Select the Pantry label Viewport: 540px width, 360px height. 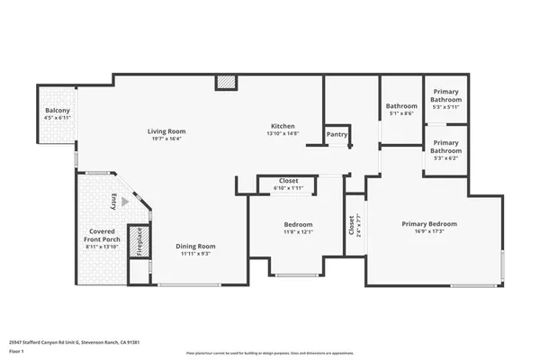[x=337, y=134]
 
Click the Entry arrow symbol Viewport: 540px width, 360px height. [x=126, y=202]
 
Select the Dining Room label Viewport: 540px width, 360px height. [x=195, y=246]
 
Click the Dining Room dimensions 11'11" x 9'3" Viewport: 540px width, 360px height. [x=195, y=254]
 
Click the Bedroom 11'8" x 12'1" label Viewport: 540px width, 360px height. [x=298, y=228]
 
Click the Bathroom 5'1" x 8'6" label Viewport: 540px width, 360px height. [x=401, y=109]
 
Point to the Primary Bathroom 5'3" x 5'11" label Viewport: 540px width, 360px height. [x=447, y=98]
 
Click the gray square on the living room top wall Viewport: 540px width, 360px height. [x=226, y=83]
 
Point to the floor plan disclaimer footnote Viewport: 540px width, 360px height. [x=269, y=354]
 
